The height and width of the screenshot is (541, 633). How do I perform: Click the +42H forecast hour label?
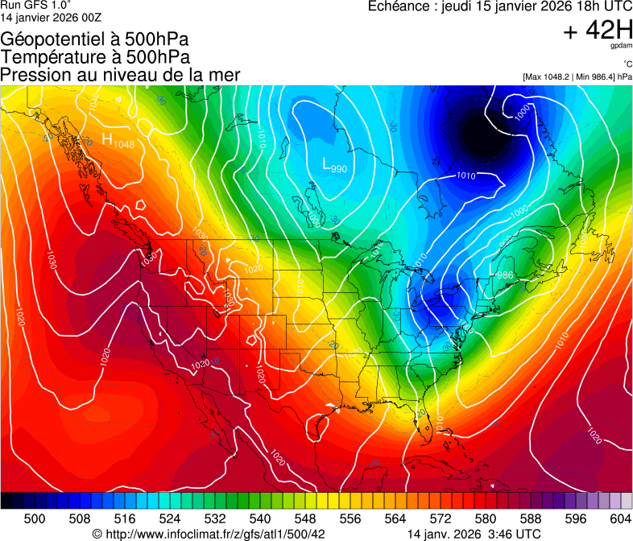(x=598, y=31)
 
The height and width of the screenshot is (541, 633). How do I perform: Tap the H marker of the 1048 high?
(x=107, y=139)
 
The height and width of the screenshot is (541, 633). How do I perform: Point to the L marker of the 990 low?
(x=326, y=164)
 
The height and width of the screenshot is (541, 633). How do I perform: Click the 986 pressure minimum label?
(x=505, y=275)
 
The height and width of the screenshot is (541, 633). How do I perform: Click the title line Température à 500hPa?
(x=95, y=57)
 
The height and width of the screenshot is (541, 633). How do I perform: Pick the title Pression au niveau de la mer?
(x=120, y=75)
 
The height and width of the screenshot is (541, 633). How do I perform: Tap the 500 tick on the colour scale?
(x=35, y=518)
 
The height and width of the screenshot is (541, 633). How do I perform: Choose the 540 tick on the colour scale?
(x=260, y=518)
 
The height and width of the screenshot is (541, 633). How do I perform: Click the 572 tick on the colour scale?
(x=441, y=518)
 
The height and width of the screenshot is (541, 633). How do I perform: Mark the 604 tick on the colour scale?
(x=621, y=518)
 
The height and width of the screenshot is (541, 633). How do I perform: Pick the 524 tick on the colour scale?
(x=170, y=518)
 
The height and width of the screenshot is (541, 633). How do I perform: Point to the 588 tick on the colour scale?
(x=531, y=518)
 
